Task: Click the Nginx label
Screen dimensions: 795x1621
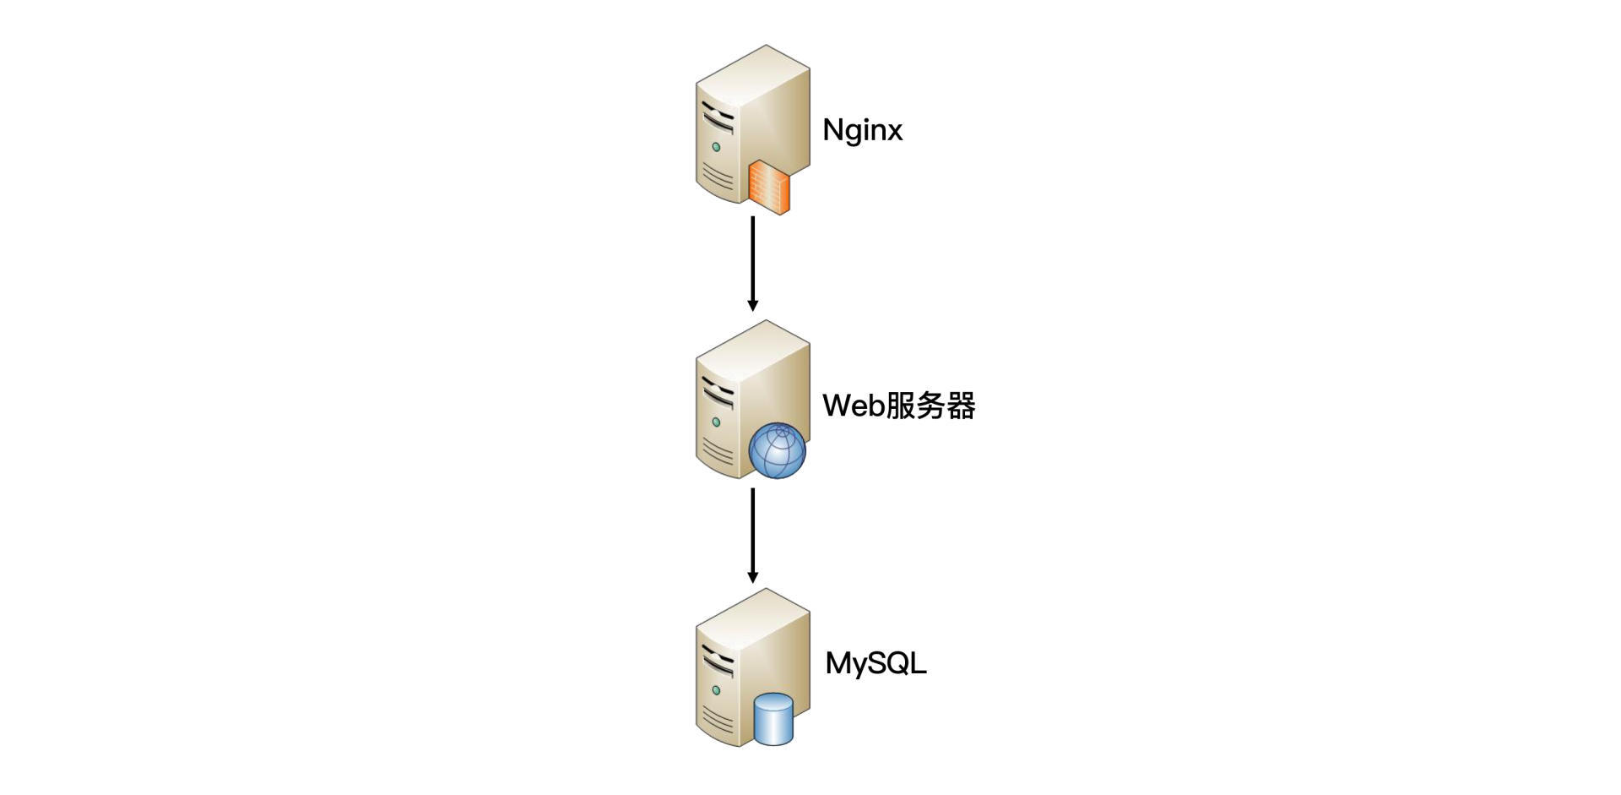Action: (862, 130)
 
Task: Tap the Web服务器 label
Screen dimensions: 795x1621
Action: (898, 406)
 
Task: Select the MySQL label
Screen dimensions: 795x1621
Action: (876, 663)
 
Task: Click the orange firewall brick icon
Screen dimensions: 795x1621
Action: (769, 186)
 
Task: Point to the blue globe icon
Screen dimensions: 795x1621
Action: (778, 451)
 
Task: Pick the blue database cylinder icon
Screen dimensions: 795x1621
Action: (773, 719)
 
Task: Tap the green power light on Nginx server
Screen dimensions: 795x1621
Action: (716, 147)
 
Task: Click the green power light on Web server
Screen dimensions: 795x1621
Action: (716, 422)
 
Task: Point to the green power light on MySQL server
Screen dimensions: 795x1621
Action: (716, 690)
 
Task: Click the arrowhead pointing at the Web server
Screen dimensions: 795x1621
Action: (753, 305)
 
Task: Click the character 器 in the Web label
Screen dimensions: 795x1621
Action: (962, 406)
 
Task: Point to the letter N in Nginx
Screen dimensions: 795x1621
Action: (832, 130)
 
